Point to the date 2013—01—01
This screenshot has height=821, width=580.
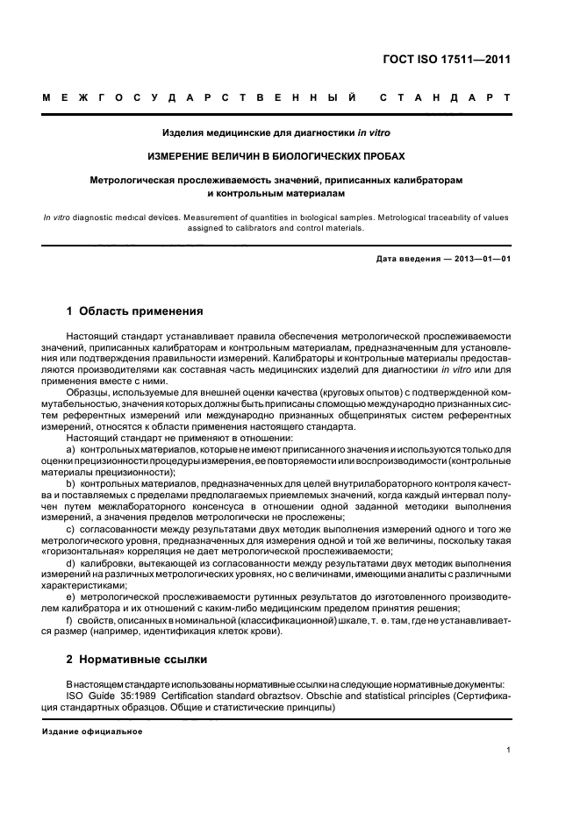(481, 260)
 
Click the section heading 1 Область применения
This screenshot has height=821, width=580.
(135, 311)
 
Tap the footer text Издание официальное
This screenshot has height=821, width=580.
(92, 731)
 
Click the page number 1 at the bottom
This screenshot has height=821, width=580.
(509, 750)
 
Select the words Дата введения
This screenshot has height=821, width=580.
(406, 260)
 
